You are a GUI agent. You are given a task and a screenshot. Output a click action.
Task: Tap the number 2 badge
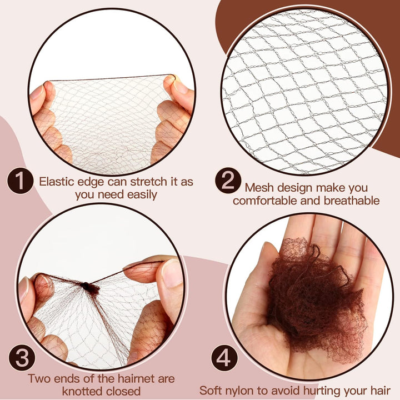[228, 182]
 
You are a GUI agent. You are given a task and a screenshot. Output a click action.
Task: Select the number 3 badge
[23, 359]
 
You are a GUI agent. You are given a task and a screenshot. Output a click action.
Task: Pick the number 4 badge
[223, 359]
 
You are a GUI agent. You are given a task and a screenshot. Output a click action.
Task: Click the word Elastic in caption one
[56, 182]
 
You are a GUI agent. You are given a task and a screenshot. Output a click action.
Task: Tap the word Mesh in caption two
[259, 188]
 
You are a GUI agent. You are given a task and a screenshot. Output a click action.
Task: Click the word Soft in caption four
[212, 391]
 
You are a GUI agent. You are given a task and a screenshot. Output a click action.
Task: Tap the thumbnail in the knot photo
[171, 273]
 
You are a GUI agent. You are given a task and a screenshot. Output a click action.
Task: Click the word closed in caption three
[123, 392]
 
